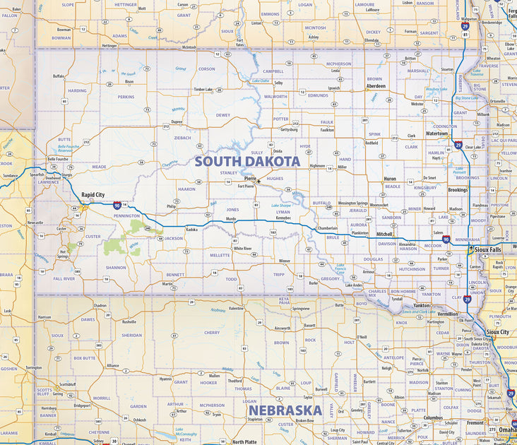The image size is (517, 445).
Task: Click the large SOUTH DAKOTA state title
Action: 247,161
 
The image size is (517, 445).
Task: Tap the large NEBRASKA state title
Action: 284,410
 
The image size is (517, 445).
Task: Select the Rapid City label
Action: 93,194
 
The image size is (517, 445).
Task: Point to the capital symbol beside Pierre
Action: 259,181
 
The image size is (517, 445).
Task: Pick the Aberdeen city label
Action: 375,85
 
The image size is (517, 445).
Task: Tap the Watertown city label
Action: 436,133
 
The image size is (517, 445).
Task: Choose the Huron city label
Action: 389,179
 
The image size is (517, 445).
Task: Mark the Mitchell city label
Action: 384,233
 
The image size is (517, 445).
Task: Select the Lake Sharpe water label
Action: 281,206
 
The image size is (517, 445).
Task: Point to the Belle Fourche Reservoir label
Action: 65,148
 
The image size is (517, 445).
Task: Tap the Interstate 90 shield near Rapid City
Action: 117,205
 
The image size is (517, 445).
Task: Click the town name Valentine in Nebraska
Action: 236,308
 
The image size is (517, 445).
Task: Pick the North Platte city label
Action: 245,441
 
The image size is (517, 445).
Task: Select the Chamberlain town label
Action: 327,228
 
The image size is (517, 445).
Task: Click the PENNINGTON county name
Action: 126,215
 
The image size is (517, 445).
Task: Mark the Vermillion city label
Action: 447,313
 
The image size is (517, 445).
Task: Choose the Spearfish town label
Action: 37,174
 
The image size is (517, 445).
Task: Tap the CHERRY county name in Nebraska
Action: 211,332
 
